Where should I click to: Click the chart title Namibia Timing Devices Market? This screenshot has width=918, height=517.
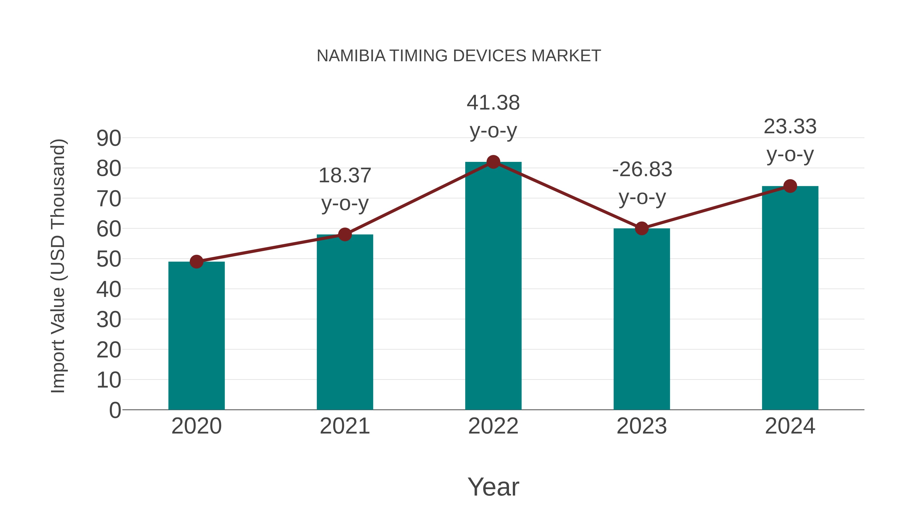point(459,56)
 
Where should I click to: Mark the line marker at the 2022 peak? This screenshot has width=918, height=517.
point(493,162)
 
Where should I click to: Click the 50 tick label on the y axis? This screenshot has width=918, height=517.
point(109,259)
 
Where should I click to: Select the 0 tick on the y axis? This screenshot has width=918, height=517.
point(115,410)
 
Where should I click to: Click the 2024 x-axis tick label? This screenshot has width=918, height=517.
point(790,426)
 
